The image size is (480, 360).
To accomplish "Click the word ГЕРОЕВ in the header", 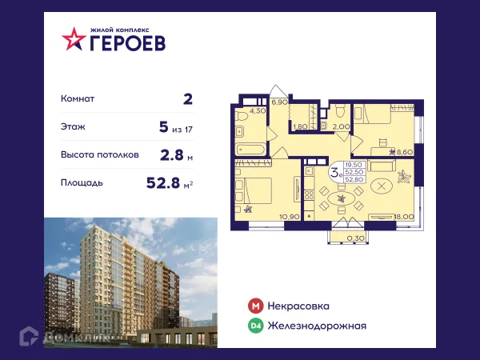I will click(x=127, y=43).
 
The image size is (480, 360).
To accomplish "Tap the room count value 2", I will click(x=188, y=99).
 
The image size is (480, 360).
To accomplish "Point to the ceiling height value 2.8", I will click(x=171, y=154).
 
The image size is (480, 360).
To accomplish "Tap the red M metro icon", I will click(x=255, y=306).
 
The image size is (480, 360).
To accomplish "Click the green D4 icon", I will click(x=255, y=326).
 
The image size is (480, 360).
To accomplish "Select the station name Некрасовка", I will click(x=299, y=306).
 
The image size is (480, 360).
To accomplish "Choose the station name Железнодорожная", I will click(x=318, y=326).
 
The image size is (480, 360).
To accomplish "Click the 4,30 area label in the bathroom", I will click(x=257, y=111).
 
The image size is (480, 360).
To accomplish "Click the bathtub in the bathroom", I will click(x=253, y=150).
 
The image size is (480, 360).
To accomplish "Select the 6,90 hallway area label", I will click(x=279, y=103).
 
